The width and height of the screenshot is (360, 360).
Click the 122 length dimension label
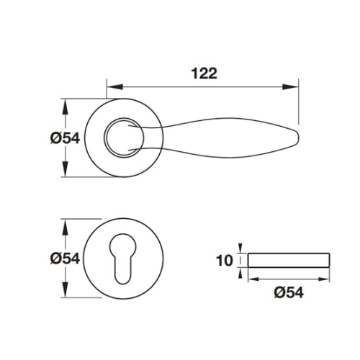coord(204,73)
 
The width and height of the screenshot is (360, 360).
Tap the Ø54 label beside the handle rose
coord(65,138)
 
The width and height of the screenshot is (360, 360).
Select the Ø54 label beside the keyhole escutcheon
coord(65,258)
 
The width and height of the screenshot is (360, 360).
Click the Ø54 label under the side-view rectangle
coord(289,292)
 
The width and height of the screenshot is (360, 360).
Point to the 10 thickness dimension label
coord(225,261)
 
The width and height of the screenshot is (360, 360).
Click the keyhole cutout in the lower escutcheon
coord(122,258)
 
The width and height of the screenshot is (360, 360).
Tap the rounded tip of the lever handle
coord(297,138)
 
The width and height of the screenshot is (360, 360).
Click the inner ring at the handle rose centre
coord(124,138)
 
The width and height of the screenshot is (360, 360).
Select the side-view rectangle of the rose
coord(289,260)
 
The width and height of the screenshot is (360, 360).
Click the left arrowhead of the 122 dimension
coord(114,87)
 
